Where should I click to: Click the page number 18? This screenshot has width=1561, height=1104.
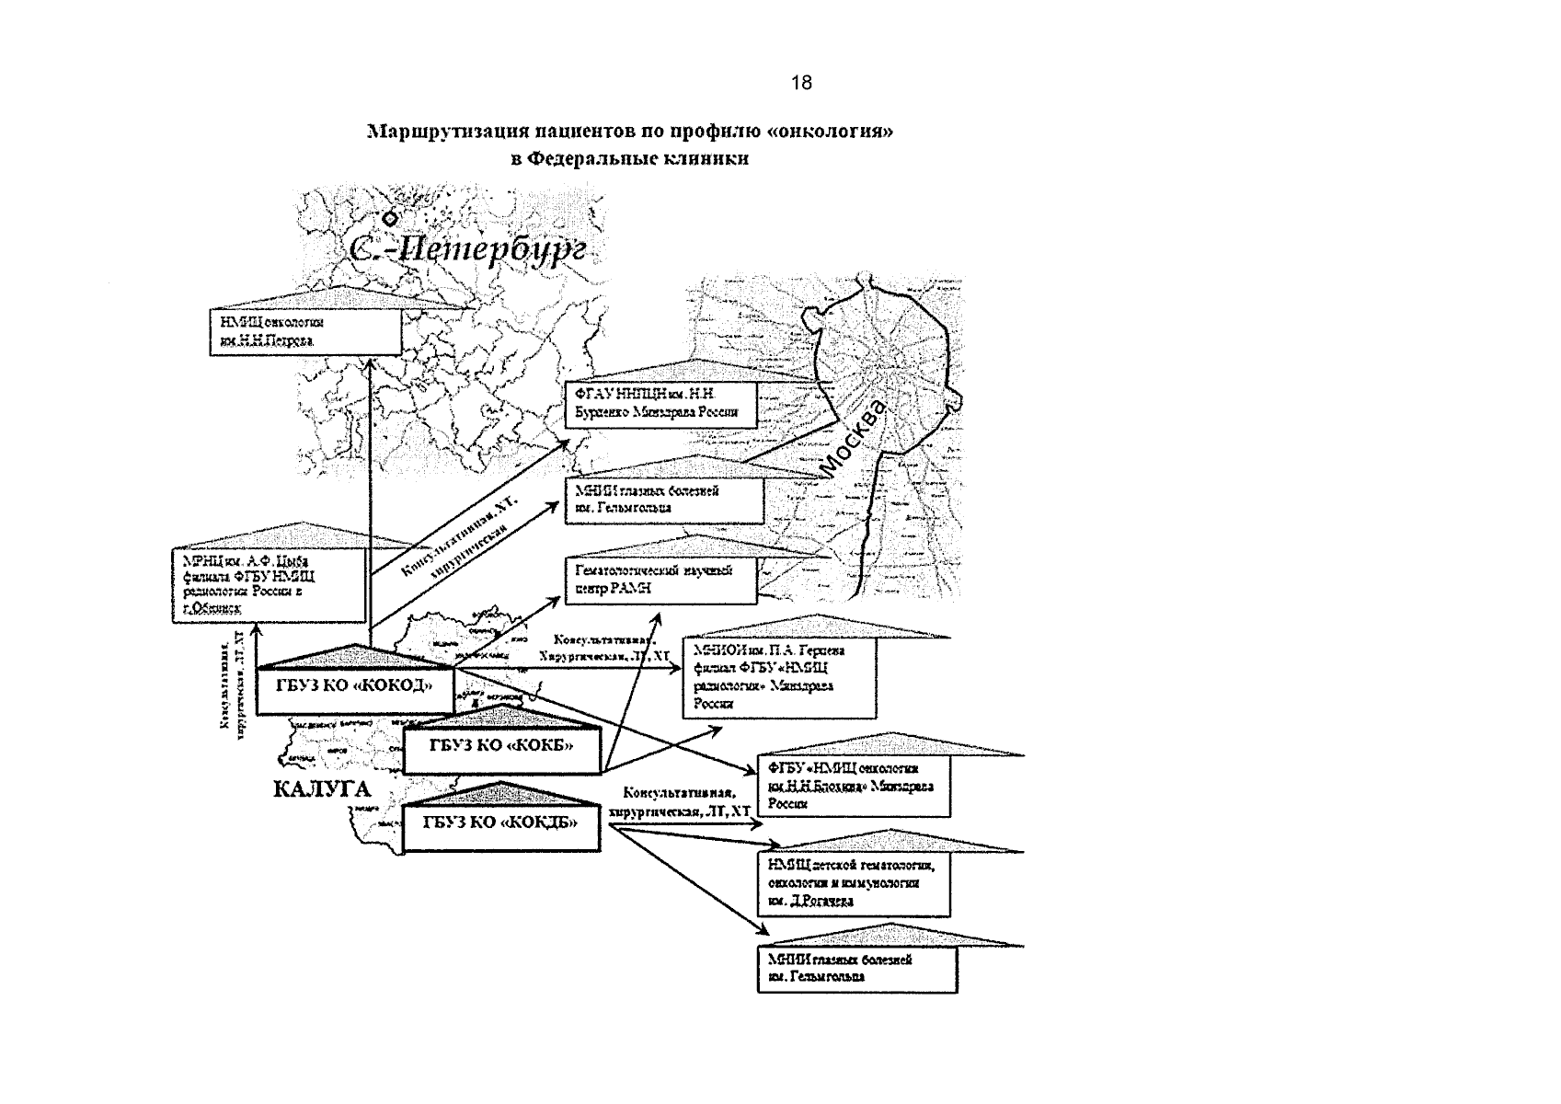[x=800, y=84]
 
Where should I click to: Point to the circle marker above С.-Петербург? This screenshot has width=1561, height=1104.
[x=390, y=218]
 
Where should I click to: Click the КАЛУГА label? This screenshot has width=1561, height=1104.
[x=321, y=788]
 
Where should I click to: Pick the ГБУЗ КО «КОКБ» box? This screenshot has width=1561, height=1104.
[x=501, y=746]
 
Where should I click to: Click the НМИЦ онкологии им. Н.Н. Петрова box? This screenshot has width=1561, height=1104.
[x=304, y=331]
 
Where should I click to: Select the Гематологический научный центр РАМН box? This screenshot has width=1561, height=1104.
[x=660, y=580]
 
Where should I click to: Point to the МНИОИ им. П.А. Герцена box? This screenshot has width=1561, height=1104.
[x=778, y=677]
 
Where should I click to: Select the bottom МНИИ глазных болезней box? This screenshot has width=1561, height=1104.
[x=855, y=969]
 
